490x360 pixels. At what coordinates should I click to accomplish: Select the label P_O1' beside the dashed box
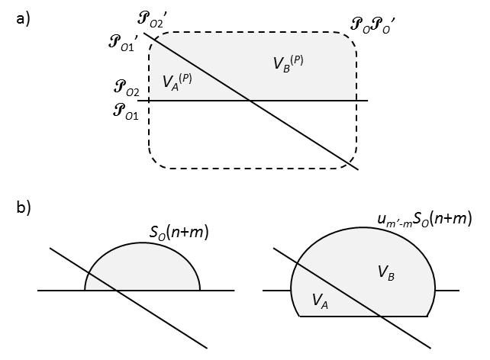pos(125,41)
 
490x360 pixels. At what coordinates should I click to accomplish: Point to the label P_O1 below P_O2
pos(124,114)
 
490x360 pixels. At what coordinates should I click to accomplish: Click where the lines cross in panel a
pos(251,100)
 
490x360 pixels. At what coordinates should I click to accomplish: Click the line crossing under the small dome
pos(114,290)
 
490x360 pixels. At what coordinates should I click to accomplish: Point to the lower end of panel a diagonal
pos(356,169)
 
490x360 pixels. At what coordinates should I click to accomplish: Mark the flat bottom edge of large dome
pos(363,315)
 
